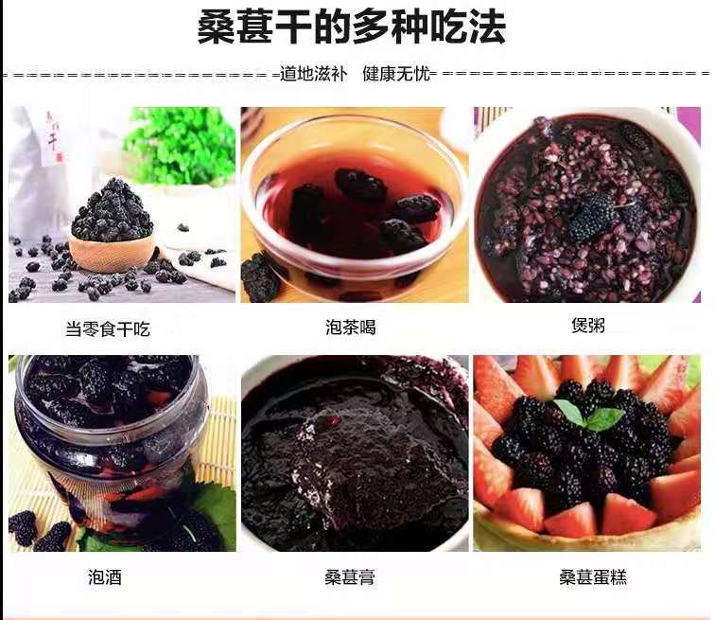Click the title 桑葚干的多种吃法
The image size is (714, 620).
click(351, 27)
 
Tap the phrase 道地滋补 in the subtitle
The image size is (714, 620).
click(313, 74)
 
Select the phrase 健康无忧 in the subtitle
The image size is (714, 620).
click(396, 74)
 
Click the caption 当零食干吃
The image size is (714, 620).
click(108, 328)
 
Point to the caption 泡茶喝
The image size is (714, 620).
click(351, 327)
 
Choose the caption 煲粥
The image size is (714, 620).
click(588, 325)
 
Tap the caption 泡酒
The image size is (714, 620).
click(105, 577)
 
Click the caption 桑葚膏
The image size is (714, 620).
click(350, 577)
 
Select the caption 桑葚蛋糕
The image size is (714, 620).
click(593, 577)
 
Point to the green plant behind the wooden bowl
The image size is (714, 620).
click(180, 145)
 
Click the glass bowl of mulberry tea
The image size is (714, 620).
click(355, 201)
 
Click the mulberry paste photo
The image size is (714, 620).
click(355, 453)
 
